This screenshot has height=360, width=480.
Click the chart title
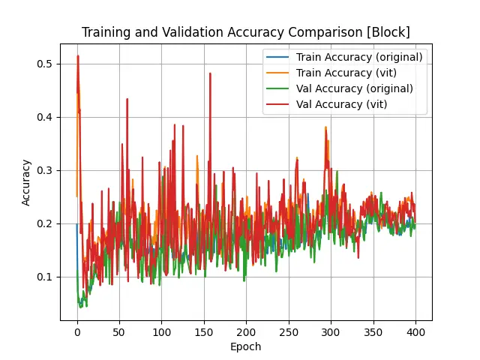pos(245,32)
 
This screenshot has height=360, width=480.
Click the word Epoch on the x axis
pos(246,346)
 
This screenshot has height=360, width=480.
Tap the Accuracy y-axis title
pos(26,181)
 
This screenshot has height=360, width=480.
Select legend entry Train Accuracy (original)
pos(359,57)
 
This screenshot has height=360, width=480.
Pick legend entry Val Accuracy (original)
pos(354,88)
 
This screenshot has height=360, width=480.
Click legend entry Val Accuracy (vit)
pos(341,104)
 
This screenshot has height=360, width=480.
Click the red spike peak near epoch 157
pos(210,73)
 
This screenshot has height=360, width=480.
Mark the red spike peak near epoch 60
pos(127,99)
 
